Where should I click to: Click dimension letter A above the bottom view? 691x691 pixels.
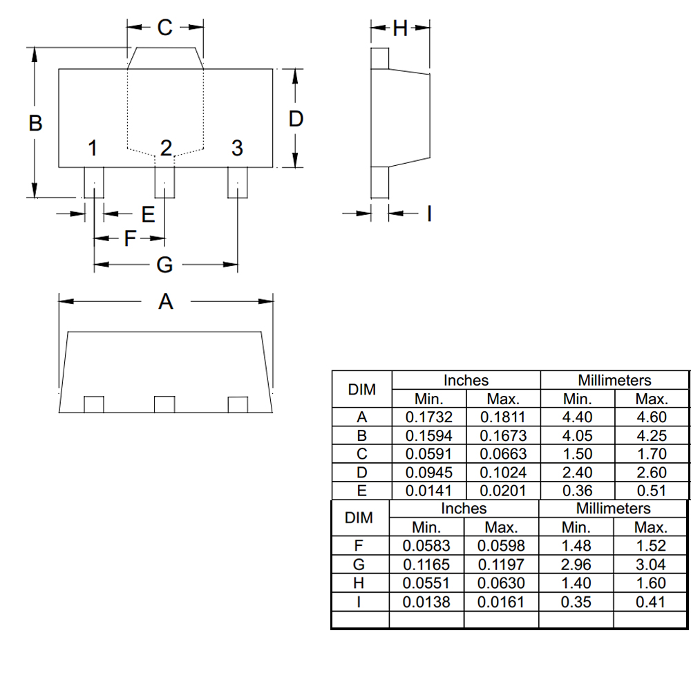tap(166, 301)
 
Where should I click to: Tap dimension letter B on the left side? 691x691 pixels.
tap(35, 123)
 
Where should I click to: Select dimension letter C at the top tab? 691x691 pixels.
tap(164, 28)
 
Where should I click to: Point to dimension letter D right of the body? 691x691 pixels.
tap(296, 119)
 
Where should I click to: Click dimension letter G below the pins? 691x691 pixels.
tap(164, 264)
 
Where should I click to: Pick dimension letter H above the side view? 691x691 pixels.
tap(400, 29)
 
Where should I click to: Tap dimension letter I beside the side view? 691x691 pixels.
tap(429, 214)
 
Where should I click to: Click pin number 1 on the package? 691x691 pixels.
tap(93, 148)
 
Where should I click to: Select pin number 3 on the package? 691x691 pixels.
tap(237, 148)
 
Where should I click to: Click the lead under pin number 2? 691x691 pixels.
tap(164, 182)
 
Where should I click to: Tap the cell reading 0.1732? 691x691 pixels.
tap(429, 417)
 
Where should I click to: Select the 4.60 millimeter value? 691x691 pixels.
tap(651, 417)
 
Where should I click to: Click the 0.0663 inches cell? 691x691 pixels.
tap(503, 454)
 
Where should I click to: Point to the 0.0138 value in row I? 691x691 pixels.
tap(426, 602)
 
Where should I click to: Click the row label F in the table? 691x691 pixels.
tap(359, 547)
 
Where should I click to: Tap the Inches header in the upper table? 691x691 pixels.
tap(466, 380)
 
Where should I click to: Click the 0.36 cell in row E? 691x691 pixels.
tap(577, 491)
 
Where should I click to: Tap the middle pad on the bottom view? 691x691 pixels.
tap(164, 404)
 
